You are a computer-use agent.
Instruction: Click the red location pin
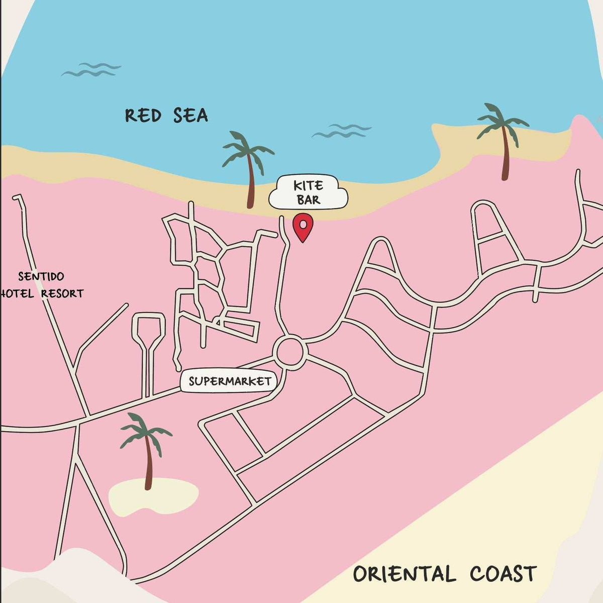tap(303, 226)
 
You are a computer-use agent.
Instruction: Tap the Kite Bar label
tap(308, 192)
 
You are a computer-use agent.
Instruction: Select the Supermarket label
tap(230, 381)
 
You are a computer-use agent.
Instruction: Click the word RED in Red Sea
tap(143, 116)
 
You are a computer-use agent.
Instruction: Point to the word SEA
tap(190, 116)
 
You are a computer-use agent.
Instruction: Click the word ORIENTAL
tap(404, 574)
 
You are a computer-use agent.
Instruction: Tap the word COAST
tap(504, 573)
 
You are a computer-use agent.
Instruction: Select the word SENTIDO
tap(41, 276)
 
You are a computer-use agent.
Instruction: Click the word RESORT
tap(62, 293)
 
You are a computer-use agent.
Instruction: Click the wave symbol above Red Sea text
tap(91, 70)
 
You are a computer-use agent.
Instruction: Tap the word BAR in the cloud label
tap(308, 200)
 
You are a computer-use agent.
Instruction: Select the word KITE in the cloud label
tap(308, 186)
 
